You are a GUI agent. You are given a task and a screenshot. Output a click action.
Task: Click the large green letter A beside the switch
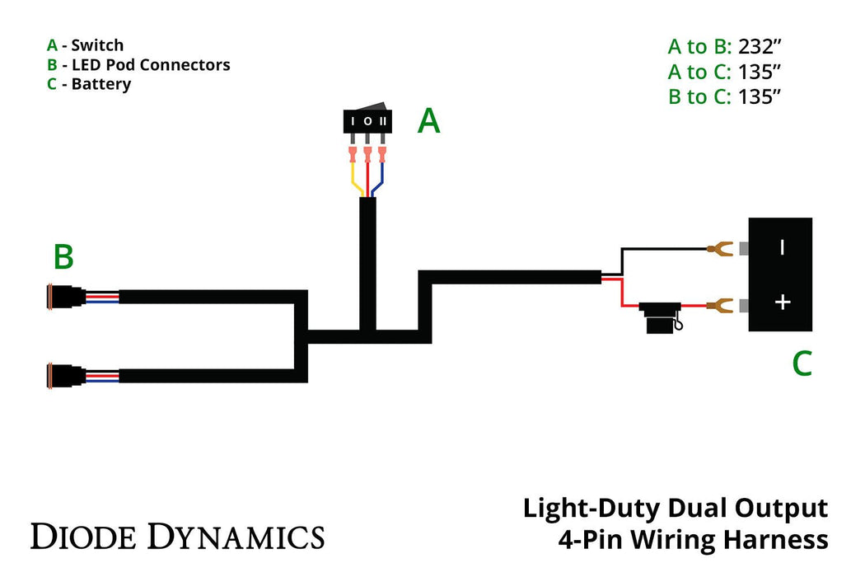428,122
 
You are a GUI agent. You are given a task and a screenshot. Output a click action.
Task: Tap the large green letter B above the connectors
63,257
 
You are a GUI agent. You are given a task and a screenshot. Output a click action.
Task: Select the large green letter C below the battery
802,364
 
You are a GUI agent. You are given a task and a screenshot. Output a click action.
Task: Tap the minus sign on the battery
782,246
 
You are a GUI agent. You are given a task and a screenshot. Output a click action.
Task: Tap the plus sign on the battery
782,303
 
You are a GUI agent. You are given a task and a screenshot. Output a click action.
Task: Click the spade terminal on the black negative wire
721,247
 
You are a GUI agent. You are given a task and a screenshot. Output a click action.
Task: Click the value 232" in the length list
760,46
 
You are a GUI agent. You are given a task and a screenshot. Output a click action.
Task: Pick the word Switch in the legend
96,45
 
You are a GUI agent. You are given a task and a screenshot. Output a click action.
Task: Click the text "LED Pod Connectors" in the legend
151,64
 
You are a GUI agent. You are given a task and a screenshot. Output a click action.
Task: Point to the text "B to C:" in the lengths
699,97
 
